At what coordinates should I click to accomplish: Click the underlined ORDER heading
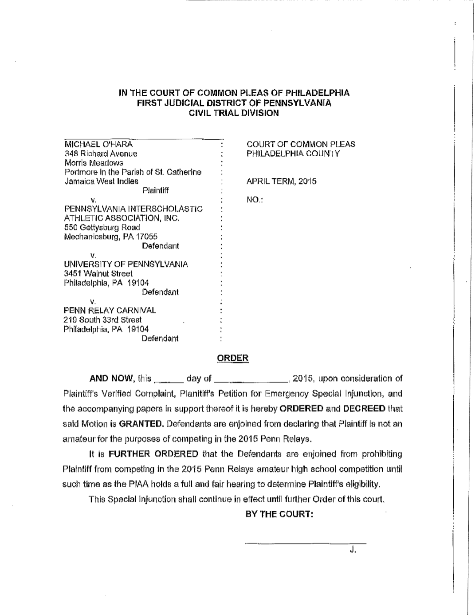[x=233, y=358]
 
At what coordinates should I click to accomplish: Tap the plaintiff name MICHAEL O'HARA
[x=98, y=144]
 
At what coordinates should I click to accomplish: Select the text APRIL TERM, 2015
[x=281, y=181]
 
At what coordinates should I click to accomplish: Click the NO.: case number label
[x=255, y=200]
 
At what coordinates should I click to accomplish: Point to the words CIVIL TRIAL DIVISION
[x=234, y=113]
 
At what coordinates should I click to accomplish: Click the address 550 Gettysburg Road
[x=102, y=228]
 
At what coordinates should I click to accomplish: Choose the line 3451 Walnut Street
[x=98, y=273]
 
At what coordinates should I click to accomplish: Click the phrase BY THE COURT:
[x=280, y=514]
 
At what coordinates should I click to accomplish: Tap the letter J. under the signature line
[x=353, y=551]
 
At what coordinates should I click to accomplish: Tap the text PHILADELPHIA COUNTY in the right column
[x=293, y=154]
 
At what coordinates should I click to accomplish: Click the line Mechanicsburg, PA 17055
[x=111, y=237]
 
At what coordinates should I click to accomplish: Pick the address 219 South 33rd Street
[x=103, y=319]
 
